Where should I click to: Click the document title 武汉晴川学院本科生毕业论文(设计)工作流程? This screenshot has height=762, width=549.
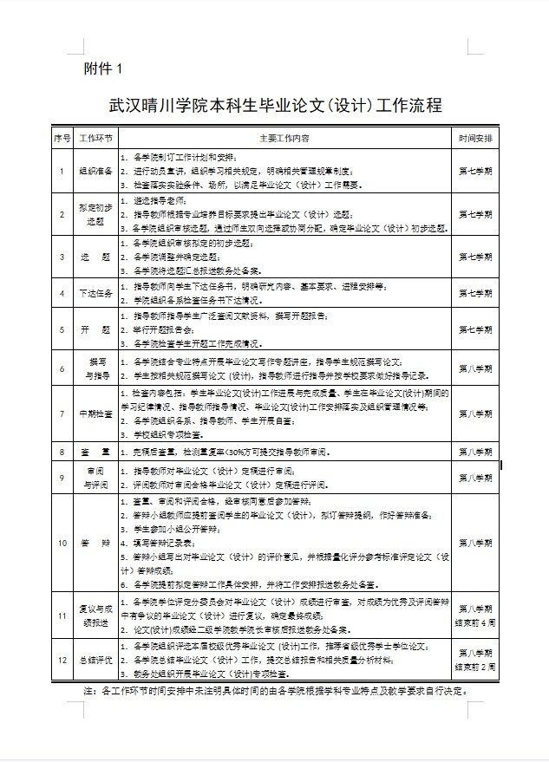coord(275,106)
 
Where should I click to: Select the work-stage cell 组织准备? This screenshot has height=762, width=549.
coord(95,171)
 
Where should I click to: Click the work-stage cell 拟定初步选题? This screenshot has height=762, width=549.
coord(95,214)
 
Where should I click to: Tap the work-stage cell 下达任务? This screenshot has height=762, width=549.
coord(95,293)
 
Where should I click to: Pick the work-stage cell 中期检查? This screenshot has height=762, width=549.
coord(95,414)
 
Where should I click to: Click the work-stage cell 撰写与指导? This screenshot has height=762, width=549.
coord(95,368)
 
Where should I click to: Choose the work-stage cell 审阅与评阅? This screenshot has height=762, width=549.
coord(95,478)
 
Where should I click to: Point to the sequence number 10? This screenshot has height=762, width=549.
coord(61,544)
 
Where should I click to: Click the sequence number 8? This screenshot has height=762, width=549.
coord(61,452)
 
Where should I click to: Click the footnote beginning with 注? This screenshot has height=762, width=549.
coord(275,692)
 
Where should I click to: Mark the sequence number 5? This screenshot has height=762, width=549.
coord(61,330)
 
